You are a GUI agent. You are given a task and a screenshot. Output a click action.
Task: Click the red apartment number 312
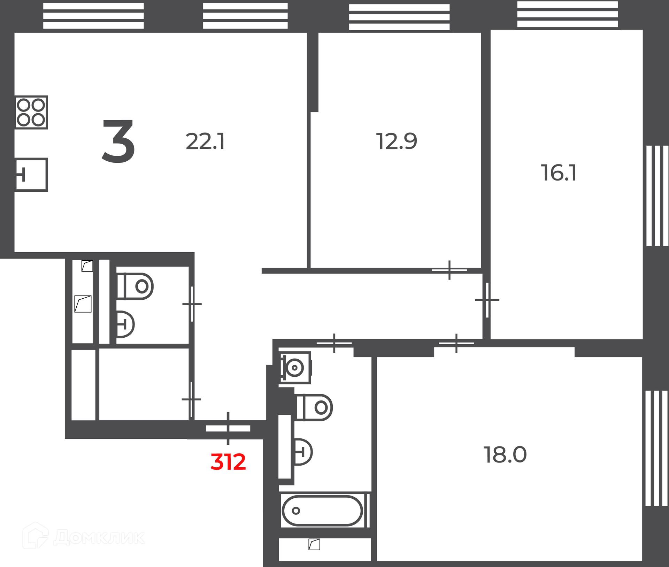coord(228,462)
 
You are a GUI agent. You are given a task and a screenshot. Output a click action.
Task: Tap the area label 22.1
coord(205,141)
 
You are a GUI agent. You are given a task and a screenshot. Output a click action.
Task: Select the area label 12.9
coord(397,141)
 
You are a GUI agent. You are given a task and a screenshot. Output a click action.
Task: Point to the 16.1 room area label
coord(559,173)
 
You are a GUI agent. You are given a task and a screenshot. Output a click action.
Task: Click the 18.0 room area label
coord(505,455)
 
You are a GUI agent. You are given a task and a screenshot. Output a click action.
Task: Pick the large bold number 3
coord(118,141)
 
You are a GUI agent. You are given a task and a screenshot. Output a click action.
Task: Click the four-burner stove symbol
coord(31,112)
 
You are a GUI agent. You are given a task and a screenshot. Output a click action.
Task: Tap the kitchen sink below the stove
coord(31,175)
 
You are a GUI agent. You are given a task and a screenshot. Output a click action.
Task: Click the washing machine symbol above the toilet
coord(295,368)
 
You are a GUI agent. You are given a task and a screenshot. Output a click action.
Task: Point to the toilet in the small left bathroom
coord(135,286)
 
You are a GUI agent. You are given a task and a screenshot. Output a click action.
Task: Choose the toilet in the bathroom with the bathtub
coord(314,407)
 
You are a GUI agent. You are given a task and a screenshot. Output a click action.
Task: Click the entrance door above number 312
coord(228,428)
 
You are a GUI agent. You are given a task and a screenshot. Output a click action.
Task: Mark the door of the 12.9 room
coord(449,270)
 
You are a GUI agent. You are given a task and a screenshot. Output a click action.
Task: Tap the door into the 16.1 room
coord(487,300)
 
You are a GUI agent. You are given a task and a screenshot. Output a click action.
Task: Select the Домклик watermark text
coord(99,537)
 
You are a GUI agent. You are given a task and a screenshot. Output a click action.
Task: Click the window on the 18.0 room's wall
coord(656,448)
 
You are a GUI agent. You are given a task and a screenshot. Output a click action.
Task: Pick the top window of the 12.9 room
coord(399,17)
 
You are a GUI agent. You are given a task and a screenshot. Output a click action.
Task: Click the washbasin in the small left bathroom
coord(125,324)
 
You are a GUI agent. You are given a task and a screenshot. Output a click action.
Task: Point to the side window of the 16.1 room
coord(657,196)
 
